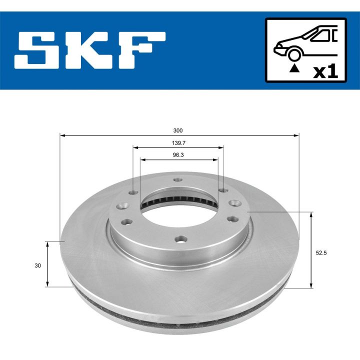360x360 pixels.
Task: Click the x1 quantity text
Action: [325, 71]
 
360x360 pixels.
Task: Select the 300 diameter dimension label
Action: [177, 130]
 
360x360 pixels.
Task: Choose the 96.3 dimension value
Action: [178, 155]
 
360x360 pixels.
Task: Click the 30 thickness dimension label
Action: [38, 265]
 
